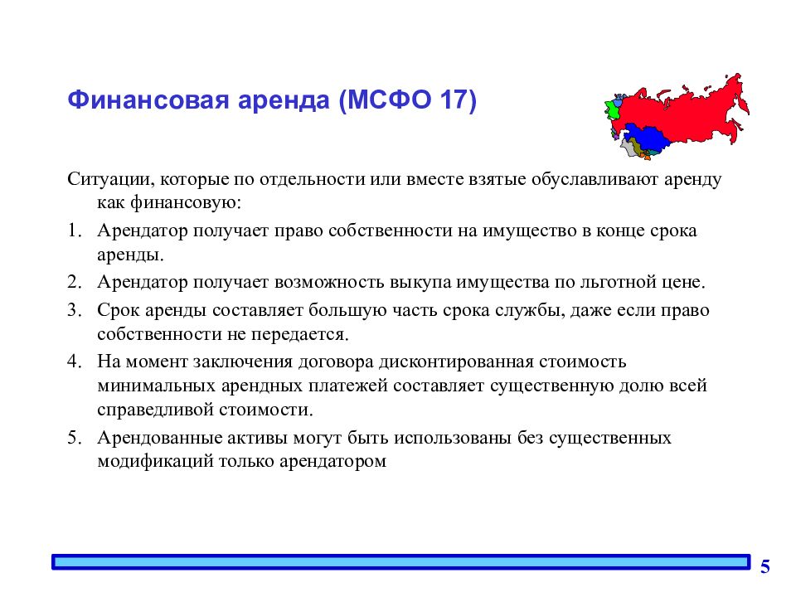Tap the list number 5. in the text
point(75,438)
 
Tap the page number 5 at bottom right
point(764,567)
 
